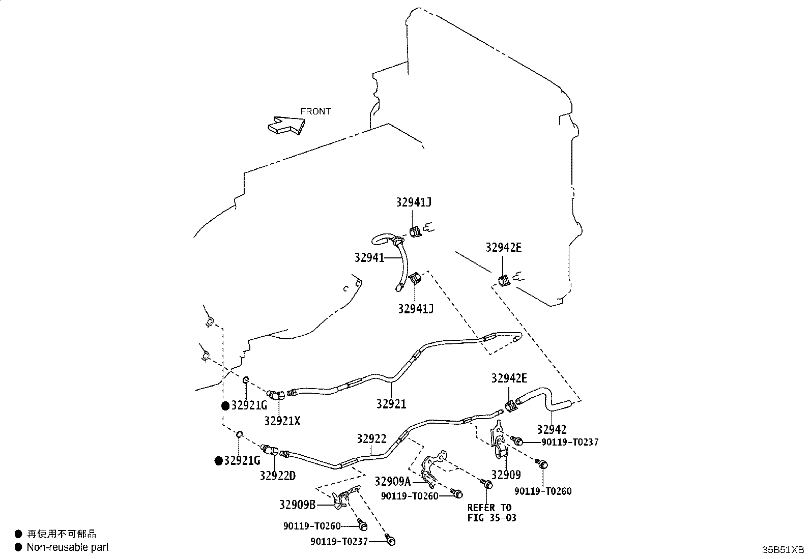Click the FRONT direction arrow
point(286,125)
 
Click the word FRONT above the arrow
point(315,111)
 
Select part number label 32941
point(369,258)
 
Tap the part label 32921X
point(282,421)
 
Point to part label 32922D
point(278,476)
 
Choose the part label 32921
point(391,404)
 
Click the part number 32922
point(372,438)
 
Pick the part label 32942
point(552,430)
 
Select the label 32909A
point(393,482)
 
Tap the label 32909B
point(297,505)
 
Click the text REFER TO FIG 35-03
point(492,513)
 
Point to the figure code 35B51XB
point(783,550)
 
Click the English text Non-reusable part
point(68,547)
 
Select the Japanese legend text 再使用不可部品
point(62,534)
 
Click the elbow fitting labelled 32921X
point(276,395)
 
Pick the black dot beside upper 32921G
point(225,406)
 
